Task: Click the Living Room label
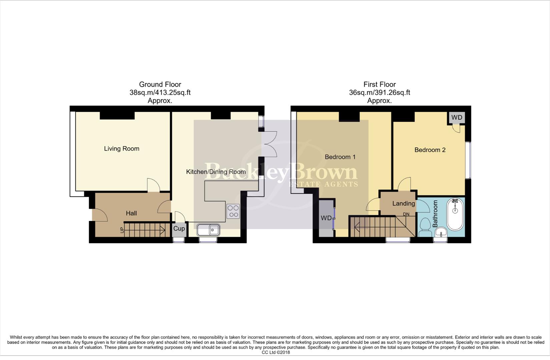coord(121,149)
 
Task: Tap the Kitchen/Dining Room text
coord(215,172)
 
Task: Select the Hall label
coord(131,213)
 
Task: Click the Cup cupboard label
coord(179,229)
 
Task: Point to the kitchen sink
coord(208,230)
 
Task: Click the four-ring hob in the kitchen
coord(233,211)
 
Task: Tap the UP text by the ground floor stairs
coord(122,230)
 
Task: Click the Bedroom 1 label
coord(340,157)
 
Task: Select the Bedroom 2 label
coord(430,150)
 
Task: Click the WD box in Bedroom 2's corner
coord(457,118)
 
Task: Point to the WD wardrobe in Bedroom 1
coord(326,218)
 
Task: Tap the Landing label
coord(403,203)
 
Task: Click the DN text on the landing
coord(406,214)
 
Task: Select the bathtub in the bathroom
coord(455,215)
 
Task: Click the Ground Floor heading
coord(160,84)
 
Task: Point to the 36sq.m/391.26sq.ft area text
coord(379,93)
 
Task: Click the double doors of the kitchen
coord(269,144)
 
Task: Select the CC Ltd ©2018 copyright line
coord(276,352)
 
